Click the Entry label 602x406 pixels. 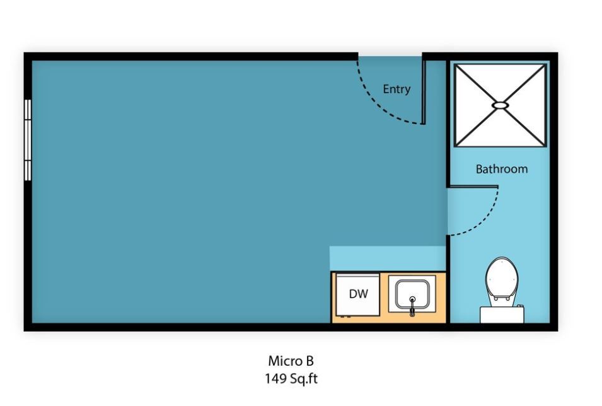[397, 90]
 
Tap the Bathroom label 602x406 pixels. [501, 169]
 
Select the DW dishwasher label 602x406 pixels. [358, 294]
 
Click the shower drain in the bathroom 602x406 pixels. [500, 105]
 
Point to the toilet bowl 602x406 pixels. [501, 277]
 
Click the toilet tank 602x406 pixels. [502, 314]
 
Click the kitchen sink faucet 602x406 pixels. [412, 307]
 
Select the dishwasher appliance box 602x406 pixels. [357, 294]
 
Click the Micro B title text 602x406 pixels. [291, 361]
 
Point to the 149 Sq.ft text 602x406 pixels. [291, 379]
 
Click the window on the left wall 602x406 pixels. [28, 139]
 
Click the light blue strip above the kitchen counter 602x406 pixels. [387, 258]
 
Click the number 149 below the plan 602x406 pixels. [275, 379]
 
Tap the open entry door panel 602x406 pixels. [424, 91]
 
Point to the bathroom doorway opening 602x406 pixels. [448, 211]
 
